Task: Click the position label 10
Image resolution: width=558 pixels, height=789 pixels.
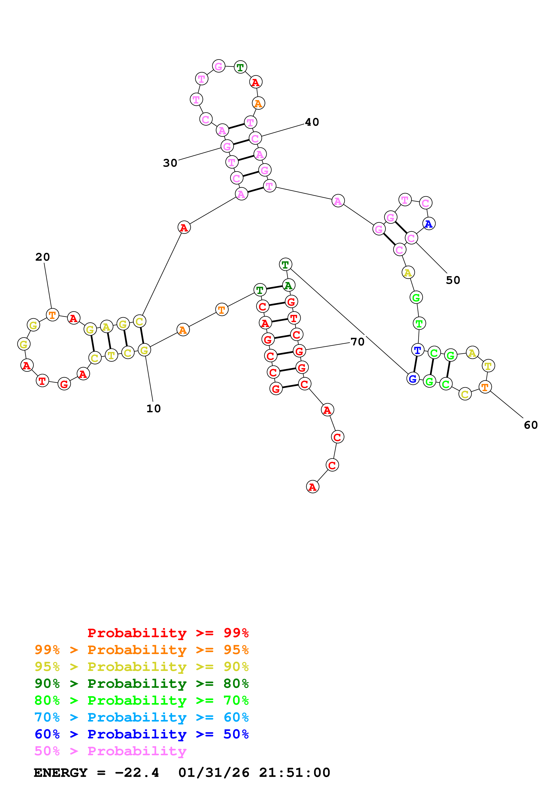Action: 153,409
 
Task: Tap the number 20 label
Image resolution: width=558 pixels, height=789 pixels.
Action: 43,257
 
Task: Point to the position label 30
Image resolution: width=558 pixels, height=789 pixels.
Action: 170,163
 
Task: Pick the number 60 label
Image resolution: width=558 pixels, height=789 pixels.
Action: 531,425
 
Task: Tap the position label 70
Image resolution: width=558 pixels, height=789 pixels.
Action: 357,342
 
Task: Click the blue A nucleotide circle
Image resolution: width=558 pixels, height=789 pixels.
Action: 429,224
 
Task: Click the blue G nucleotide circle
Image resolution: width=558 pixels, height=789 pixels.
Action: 413,379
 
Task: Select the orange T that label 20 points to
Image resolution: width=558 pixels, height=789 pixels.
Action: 52,315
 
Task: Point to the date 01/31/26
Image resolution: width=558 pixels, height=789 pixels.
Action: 214,773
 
